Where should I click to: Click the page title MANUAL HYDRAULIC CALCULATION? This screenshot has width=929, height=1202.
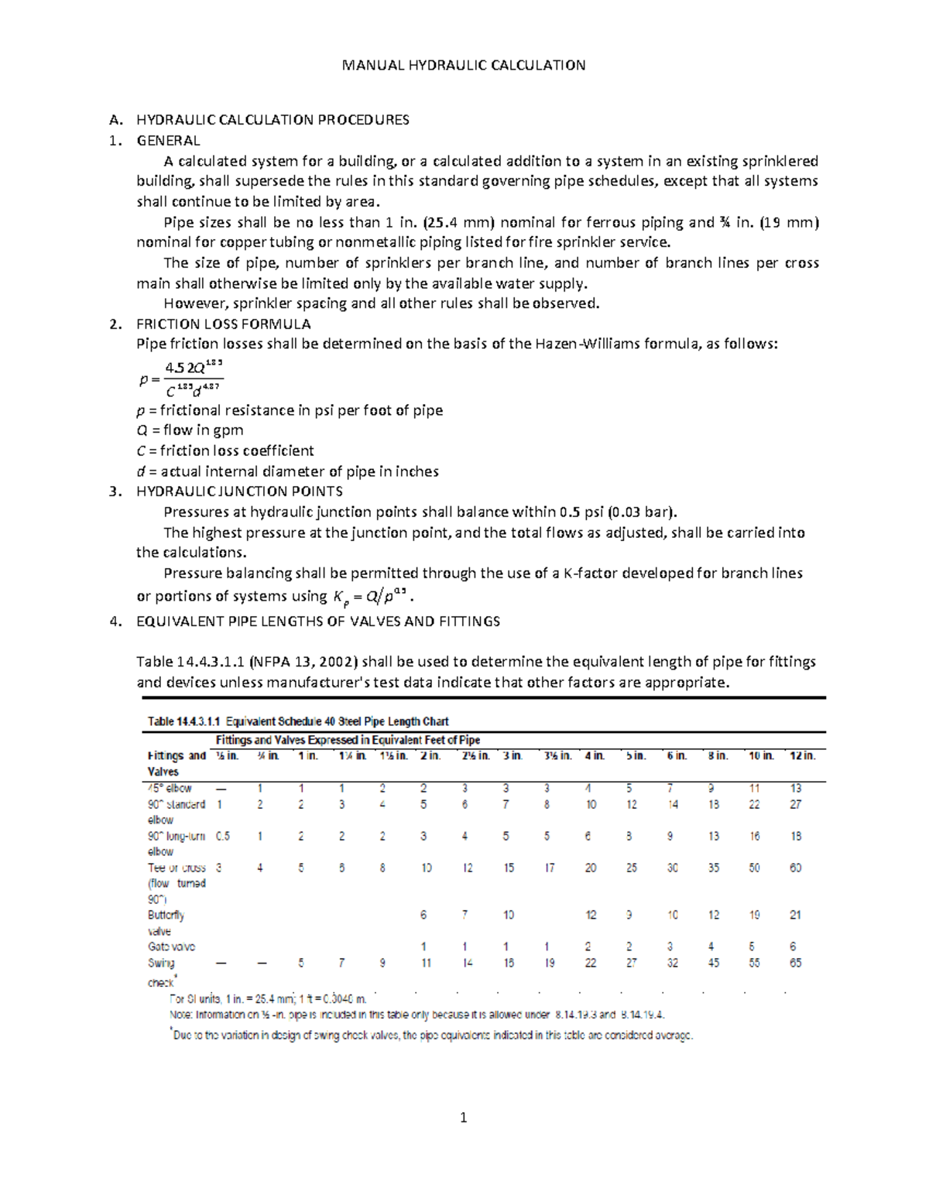click(x=464, y=65)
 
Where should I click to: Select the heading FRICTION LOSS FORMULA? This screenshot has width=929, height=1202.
click(x=224, y=324)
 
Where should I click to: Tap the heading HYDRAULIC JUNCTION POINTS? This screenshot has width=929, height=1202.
click(x=239, y=491)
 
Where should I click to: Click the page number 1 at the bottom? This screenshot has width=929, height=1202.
click(x=464, y=1118)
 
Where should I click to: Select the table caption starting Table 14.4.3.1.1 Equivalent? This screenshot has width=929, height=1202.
click(x=298, y=721)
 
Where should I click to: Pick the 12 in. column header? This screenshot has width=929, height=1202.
click(x=802, y=756)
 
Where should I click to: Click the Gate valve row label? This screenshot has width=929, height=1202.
click(x=171, y=947)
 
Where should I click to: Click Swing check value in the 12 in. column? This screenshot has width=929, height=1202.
click(x=795, y=964)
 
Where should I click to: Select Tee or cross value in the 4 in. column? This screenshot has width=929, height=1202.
click(x=591, y=868)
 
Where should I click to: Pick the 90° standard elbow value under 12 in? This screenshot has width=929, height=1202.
click(x=795, y=805)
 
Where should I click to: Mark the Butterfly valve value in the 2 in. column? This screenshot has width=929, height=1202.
click(x=423, y=916)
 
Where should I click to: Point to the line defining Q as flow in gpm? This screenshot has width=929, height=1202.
click(x=190, y=430)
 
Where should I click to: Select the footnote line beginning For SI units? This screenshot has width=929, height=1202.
click(x=267, y=999)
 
